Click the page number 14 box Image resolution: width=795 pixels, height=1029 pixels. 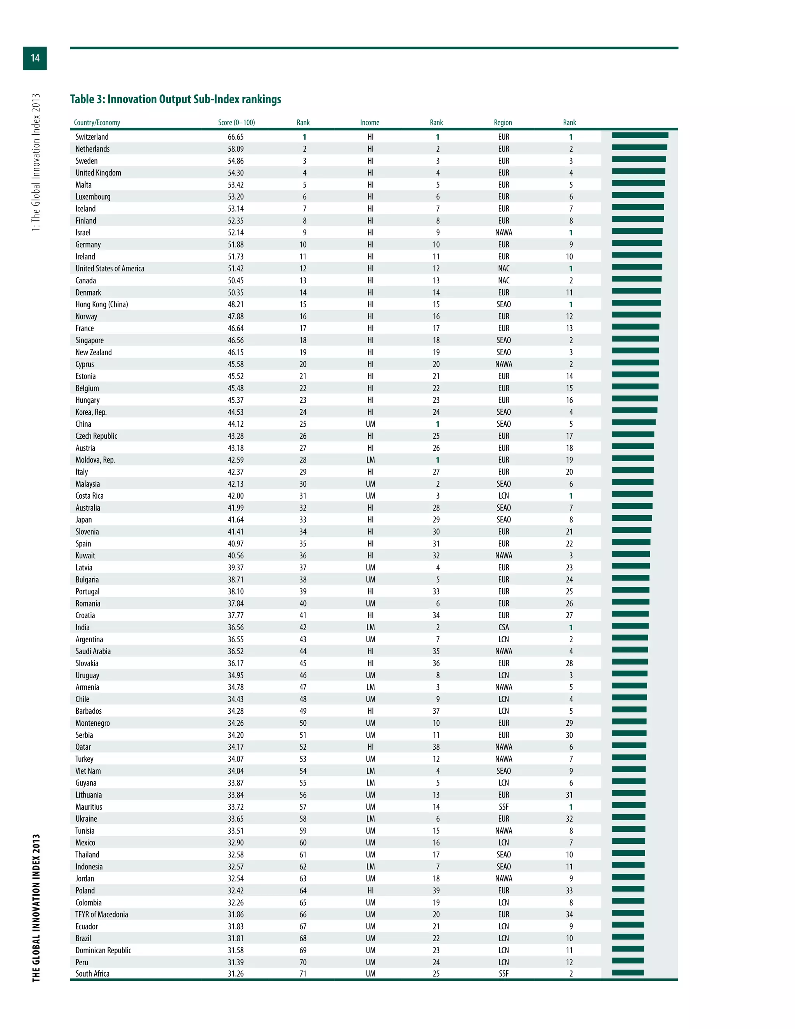pyautogui.click(x=35, y=58)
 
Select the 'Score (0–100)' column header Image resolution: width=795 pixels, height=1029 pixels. pyautogui.click(x=236, y=122)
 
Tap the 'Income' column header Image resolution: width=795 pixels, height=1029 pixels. pyautogui.click(x=370, y=122)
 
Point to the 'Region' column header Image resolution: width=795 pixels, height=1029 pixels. pyautogui.click(x=503, y=122)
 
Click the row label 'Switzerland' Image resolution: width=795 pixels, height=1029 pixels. pyautogui.click(x=92, y=137)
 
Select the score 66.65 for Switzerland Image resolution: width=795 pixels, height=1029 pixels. pyautogui.click(x=236, y=137)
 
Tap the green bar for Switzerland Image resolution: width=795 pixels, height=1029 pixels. pyautogui.click(x=640, y=136)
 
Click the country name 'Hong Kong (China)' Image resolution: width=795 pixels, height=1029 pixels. pyautogui.click(x=102, y=304)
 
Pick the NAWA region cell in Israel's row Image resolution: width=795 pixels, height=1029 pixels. pyautogui.click(x=503, y=233)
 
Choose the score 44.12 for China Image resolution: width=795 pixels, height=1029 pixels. pyautogui.click(x=236, y=424)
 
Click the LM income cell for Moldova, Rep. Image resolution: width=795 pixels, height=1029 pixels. pyautogui.click(x=371, y=460)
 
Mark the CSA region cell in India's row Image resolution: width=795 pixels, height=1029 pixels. pyautogui.click(x=503, y=627)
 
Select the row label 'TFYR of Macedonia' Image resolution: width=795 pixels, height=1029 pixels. pyautogui.click(x=102, y=914)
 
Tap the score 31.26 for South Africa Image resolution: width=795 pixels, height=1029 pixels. pyautogui.click(x=236, y=973)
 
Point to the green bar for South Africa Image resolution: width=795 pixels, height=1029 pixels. pyautogui.click(x=627, y=972)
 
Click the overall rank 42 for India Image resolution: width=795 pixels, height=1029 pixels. pyautogui.click(x=303, y=627)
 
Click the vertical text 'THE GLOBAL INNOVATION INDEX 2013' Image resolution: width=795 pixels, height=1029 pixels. pyautogui.click(x=36, y=908)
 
